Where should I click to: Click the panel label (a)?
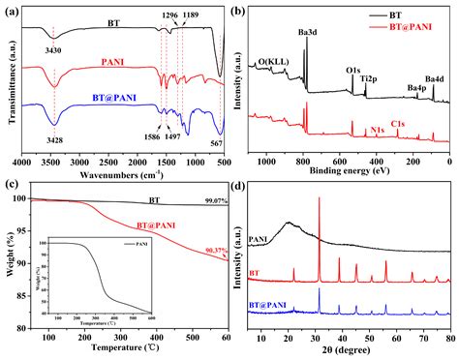coord(13,10)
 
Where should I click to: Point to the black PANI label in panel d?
coord(259,239)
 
